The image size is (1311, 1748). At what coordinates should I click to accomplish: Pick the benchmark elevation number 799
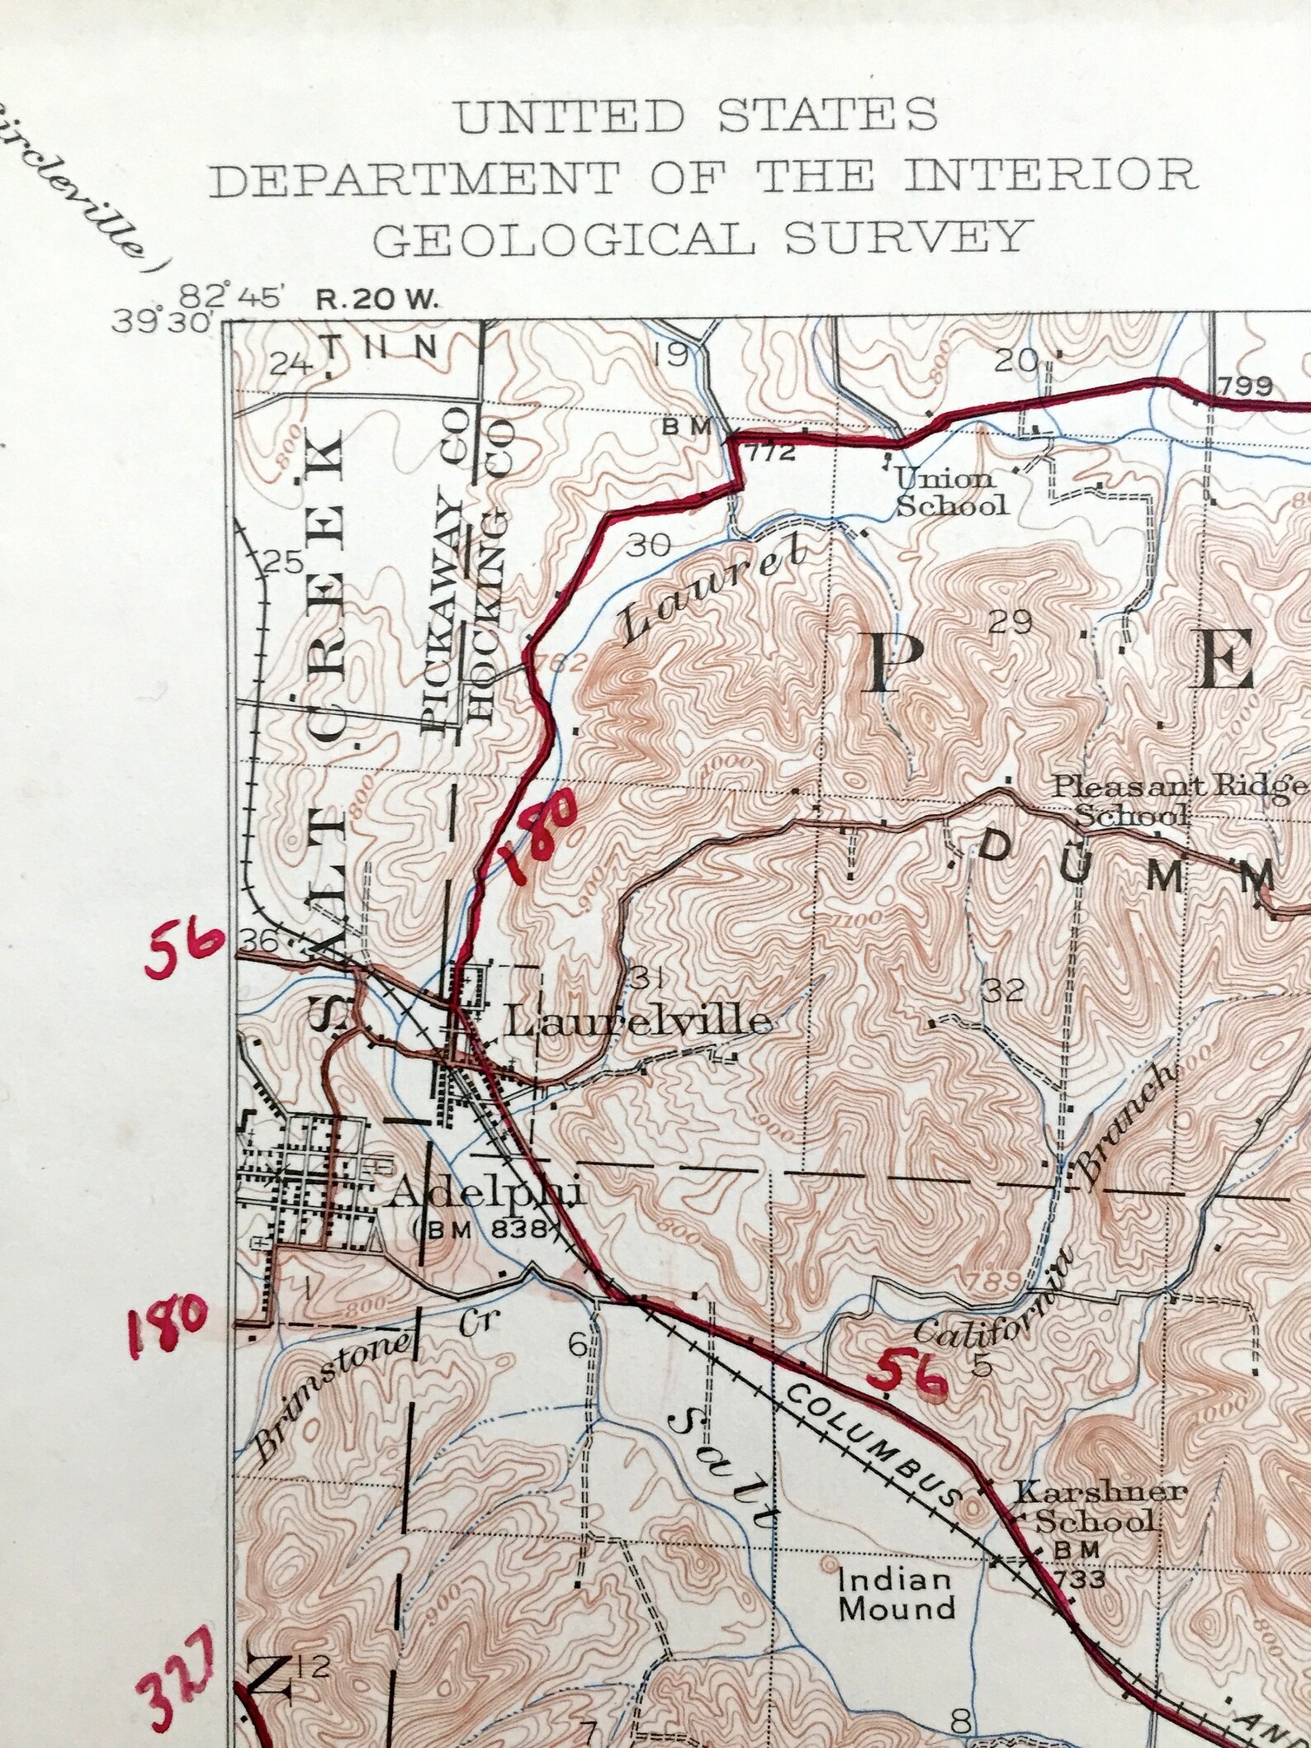pos(1246,386)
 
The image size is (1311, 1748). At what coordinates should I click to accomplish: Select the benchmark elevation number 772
pos(772,452)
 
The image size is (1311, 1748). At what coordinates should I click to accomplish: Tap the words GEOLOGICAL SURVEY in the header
pos(703,237)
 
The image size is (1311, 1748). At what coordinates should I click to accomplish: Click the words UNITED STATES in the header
pos(698,116)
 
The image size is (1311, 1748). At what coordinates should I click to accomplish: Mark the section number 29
pos(1011,622)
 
